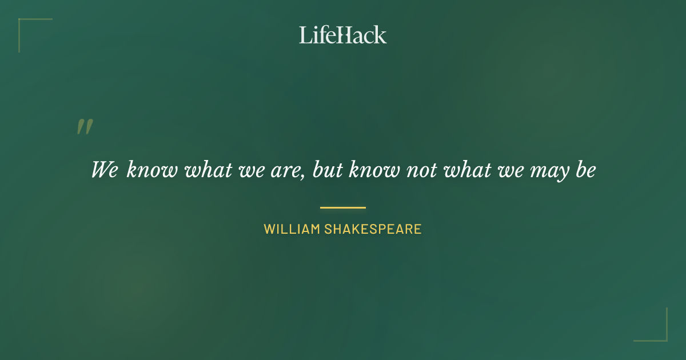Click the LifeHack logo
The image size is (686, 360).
point(343,35)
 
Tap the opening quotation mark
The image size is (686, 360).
point(84,127)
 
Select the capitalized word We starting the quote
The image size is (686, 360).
point(104,170)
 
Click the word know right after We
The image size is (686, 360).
point(152,170)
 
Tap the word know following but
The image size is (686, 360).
point(374,170)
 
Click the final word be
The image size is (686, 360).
point(585,170)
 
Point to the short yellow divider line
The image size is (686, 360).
point(343,207)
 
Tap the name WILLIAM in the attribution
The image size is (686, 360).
point(292,230)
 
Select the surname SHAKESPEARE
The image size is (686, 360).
point(373,230)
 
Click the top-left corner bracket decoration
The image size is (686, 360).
point(26,26)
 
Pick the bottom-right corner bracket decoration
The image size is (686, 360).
point(660,334)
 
